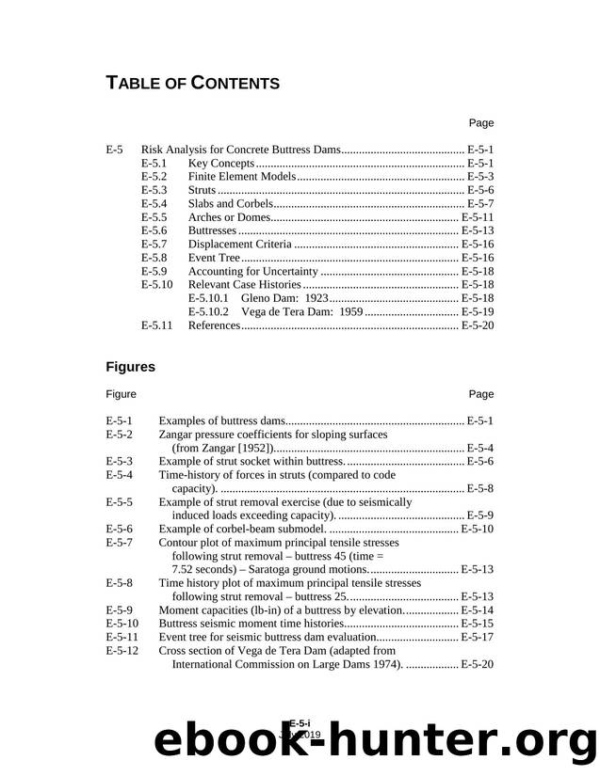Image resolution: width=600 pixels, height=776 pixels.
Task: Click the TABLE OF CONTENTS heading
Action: tap(192, 83)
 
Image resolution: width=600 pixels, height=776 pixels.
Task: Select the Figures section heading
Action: tap(130, 366)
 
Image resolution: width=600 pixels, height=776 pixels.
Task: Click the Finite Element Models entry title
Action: tap(243, 176)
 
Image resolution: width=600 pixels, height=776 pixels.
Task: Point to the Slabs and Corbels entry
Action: tap(232, 203)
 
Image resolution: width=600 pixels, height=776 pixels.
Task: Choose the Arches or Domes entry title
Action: tap(232, 216)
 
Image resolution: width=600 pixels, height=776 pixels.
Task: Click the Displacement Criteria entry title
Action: tap(244, 244)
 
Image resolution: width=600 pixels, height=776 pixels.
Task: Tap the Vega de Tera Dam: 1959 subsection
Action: tap(275, 311)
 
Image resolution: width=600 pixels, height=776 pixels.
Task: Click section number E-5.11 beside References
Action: tap(156, 325)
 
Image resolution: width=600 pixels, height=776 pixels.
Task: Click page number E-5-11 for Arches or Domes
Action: tap(477, 216)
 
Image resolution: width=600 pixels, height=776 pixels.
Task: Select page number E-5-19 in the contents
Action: tap(477, 311)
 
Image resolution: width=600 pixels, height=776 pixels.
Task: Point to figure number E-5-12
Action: tap(122, 650)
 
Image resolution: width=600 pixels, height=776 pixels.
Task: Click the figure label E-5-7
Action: tap(120, 543)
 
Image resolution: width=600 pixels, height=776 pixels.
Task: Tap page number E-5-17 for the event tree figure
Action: tap(477, 637)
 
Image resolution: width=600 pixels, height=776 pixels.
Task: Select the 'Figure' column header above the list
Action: tap(121, 394)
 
